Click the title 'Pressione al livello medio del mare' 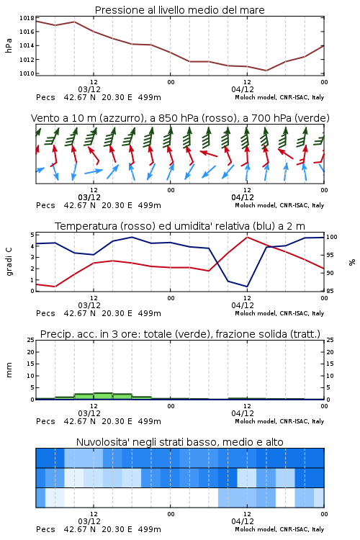[x=179, y=10]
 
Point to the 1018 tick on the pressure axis [x=27, y=18]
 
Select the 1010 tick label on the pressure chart [x=27, y=73]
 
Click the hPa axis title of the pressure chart [x=9, y=45]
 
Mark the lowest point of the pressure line [x=266, y=71]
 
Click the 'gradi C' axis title [x=9, y=262]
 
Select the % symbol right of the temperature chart [x=352, y=262]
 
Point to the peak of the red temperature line [x=247, y=237]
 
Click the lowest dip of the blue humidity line [x=247, y=287]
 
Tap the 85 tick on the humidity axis [x=330, y=291]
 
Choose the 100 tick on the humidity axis [x=331, y=237]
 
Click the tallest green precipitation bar [x=103, y=396]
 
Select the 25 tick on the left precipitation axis [x=31, y=340]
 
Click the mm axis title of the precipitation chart [x=9, y=370]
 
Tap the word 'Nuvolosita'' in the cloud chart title [x=102, y=442]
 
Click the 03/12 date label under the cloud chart [x=89, y=521]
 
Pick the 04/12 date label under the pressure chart [x=243, y=89]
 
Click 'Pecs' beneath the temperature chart [x=45, y=313]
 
